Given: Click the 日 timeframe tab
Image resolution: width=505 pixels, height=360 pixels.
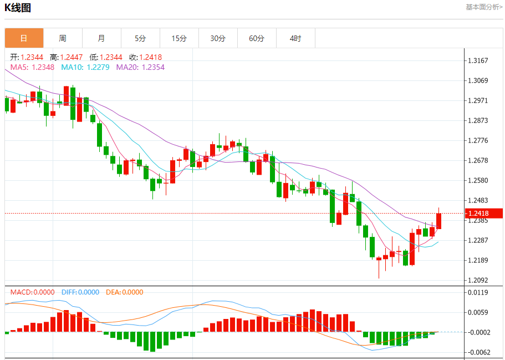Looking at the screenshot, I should tap(24, 38).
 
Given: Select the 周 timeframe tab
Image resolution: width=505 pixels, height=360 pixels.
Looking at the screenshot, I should tap(63, 38).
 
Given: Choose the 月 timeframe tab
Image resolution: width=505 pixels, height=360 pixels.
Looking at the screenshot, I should tap(101, 38).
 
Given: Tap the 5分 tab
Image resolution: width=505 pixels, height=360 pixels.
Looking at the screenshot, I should tap(140, 38).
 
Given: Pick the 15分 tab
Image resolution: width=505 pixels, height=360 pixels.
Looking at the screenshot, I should tap(179, 38).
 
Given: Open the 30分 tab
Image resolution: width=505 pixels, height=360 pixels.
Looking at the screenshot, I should tap(218, 38).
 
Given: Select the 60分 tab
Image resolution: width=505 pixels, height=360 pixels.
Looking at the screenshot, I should tap(257, 38).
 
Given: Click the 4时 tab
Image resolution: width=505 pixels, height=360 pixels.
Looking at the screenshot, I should tap(295, 38).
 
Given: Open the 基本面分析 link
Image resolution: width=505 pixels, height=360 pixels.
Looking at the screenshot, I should tap(483, 7).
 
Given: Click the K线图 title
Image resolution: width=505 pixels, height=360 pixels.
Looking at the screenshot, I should tap(18, 8).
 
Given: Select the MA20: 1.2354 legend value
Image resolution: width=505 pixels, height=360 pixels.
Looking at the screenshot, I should tap(140, 67).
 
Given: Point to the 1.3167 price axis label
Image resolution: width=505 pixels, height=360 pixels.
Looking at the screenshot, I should tap(478, 60).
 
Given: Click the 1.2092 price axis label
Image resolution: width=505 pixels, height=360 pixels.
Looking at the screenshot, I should tap(478, 280).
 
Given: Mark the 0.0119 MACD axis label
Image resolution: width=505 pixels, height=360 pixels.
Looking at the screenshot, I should tap(478, 292).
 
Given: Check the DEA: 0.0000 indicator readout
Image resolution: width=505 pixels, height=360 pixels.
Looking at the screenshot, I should tap(124, 292).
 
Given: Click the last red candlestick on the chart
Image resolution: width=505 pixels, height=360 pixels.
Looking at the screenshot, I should tap(439, 221).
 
